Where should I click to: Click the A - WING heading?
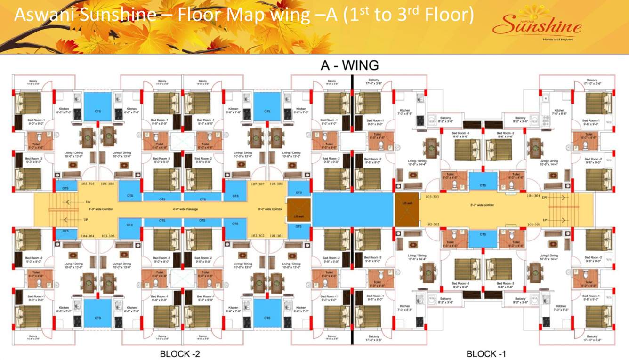(x=349, y=65)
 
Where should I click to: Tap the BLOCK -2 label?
(x=180, y=354)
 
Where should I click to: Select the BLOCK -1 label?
(x=486, y=354)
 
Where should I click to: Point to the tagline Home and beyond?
(x=558, y=40)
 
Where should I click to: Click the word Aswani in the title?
(x=44, y=16)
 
